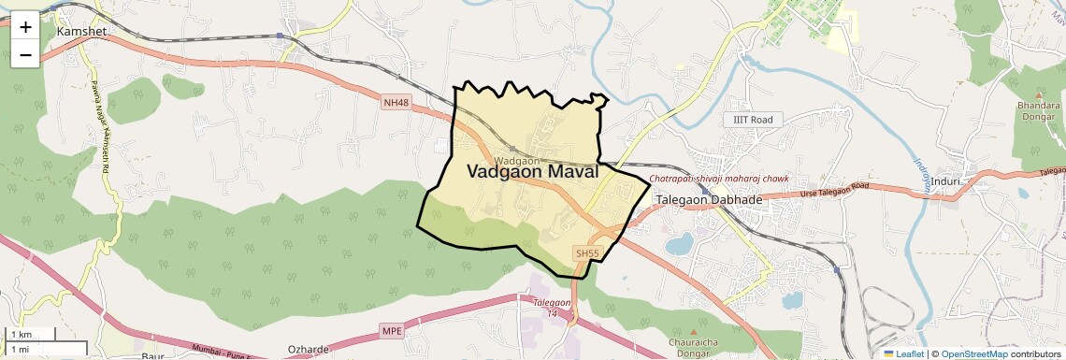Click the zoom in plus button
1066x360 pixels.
(25, 27)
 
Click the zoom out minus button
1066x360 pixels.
(25, 55)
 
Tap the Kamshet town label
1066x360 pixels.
(83, 31)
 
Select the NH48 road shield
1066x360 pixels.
(396, 102)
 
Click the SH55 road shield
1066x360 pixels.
(586, 253)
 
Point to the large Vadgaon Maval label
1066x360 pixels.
(532, 172)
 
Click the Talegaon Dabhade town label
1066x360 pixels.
(709, 200)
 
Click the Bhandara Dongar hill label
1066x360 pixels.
(1038, 112)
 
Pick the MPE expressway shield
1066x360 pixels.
(392, 331)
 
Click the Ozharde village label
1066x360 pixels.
(309, 350)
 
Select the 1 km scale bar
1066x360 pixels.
(30, 335)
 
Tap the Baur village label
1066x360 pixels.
(152, 356)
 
